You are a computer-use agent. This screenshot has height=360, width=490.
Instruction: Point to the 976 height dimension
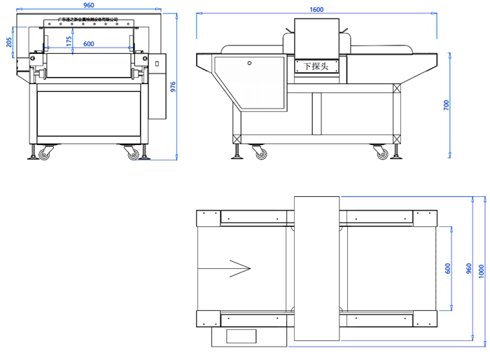(173, 86)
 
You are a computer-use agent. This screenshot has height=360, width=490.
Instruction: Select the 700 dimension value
(446, 105)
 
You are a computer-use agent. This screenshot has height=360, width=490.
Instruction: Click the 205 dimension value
(8, 42)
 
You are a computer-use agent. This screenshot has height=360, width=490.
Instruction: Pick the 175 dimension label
(69, 41)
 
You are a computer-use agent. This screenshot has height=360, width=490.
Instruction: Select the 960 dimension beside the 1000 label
(468, 270)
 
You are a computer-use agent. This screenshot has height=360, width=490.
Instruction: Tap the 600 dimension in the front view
(89, 44)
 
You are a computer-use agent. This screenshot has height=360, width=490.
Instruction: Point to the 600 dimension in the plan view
(447, 268)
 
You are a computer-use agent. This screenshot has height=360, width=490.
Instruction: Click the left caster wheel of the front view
(45, 153)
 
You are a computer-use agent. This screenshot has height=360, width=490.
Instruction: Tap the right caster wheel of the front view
(133, 153)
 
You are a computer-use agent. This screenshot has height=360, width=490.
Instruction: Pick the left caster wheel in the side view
(260, 152)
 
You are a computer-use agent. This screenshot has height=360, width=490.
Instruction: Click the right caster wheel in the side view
(381, 152)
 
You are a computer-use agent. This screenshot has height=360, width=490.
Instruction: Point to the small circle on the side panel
(248, 62)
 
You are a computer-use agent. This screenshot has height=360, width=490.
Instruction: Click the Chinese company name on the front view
(87, 20)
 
